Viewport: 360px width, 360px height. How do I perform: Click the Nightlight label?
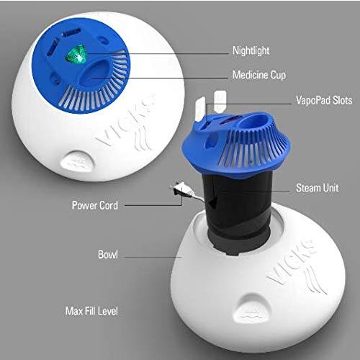point(251,51)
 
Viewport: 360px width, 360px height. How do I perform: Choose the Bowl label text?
point(107,255)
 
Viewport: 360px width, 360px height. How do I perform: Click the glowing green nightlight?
point(73,54)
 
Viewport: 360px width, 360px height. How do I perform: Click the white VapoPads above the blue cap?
point(219,98)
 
